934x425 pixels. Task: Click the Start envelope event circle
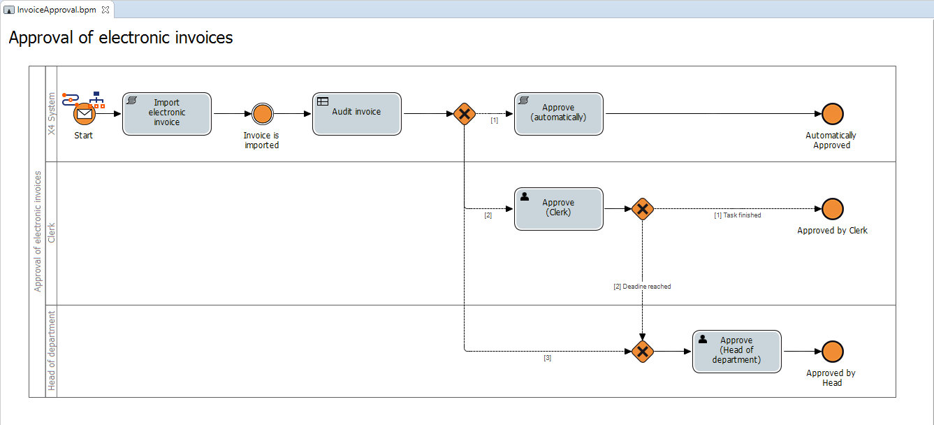[84, 114]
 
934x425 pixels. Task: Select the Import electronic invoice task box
[166, 113]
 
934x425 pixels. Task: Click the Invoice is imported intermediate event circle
[262, 114]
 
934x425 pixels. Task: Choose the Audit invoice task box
[356, 113]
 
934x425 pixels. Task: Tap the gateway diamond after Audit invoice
[464, 114]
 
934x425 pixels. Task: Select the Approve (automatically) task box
[558, 113]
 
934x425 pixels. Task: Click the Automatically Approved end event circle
[832, 114]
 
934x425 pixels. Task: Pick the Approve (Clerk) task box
[558, 208]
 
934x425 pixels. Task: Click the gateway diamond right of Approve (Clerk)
[642, 208]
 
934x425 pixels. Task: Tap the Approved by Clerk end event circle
[832, 208]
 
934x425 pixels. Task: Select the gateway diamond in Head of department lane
[642, 351]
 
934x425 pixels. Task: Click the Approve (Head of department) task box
[736, 351]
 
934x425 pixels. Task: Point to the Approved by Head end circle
[832, 351]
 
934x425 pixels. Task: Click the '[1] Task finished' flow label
[737, 215]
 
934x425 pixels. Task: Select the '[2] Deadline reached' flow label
[641, 287]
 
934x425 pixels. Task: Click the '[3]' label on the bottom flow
[547, 358]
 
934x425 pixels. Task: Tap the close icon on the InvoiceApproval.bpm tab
[105, 10]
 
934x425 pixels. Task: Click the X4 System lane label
[51, 114]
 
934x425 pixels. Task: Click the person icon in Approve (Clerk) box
[525, 196]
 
